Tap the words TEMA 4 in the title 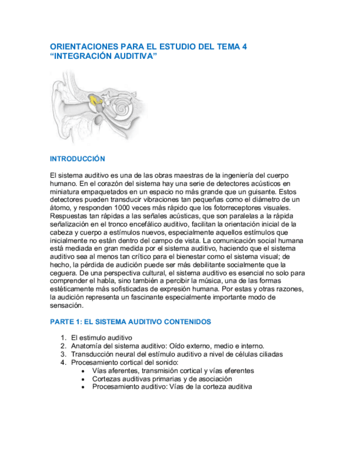tap(233, 47)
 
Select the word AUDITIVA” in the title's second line tap(136, 56)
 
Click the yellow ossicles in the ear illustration tap(95, 101)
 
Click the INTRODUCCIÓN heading tap(77, 159)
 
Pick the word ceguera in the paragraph tap(63, 273)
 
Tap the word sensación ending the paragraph tap(67, 306)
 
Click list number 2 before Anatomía tap(63, 346)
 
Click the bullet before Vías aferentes tap(82, 371)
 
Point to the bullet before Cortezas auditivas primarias tap(82, 379)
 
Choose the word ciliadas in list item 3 tap(269, 354)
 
